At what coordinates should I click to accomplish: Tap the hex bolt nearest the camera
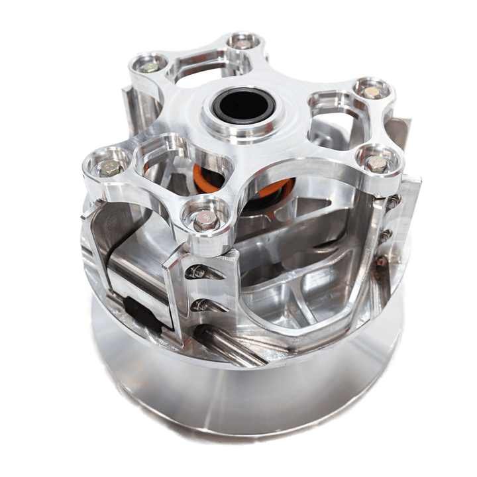tap(205, 219)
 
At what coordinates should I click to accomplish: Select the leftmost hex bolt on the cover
tap(109, 168)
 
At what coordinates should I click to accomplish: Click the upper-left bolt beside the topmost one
tap(150, 66)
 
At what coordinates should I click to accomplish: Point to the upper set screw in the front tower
tap(197, 271)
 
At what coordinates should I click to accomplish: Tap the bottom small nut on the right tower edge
tap(382, 261)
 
